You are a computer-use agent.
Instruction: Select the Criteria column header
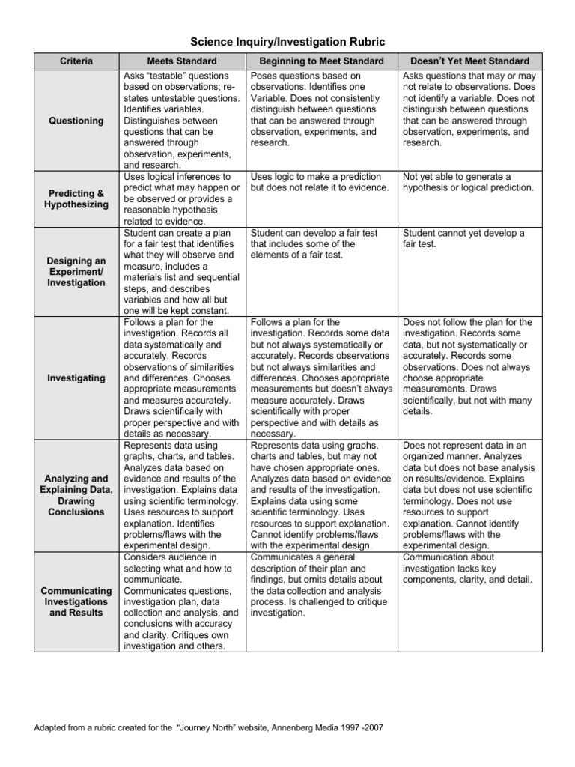point(76,61)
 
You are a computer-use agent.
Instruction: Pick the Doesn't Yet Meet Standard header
point(469,61)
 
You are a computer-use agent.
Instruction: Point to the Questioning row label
point(76,121)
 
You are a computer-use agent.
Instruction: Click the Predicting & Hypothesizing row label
point(76,199)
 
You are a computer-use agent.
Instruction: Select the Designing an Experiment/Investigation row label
point(76,272)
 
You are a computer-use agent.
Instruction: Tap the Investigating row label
point(76,378)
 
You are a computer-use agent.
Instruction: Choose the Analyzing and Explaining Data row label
point(76,495)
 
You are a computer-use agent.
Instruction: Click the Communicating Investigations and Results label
point(76,602)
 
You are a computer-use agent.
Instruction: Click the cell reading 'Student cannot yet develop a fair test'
point(463,239)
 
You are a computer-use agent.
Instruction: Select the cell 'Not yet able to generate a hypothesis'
point(468,182)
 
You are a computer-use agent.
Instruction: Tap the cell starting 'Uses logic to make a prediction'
point(320,182)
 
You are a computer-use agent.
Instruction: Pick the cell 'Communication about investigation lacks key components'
point(468,569)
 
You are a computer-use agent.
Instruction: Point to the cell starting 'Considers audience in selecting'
point(181,601)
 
